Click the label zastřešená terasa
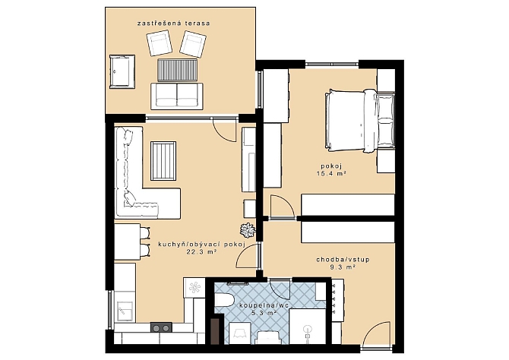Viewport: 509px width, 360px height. (173, 24)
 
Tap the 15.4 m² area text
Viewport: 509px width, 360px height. (330, 173)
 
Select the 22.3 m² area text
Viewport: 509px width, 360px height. (201, 251)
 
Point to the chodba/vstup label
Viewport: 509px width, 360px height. (343, 260)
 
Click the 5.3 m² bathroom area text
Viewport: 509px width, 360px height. (264, 313)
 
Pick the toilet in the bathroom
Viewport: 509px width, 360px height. (224, 300)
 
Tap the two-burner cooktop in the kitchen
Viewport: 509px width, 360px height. (161, 327)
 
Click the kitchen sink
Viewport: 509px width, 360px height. (125, 311)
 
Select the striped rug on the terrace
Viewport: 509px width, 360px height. (177, 70)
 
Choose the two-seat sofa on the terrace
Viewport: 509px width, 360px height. (177, 96)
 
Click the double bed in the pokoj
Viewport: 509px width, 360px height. (359, 121)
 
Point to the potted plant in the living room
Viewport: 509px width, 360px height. (248, 230)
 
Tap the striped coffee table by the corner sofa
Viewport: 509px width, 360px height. (163, 161)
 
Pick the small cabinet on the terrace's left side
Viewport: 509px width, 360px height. (122, 71)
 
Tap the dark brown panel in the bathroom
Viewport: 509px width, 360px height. (215, 331)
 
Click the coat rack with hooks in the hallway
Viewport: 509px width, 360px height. (337, 300)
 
